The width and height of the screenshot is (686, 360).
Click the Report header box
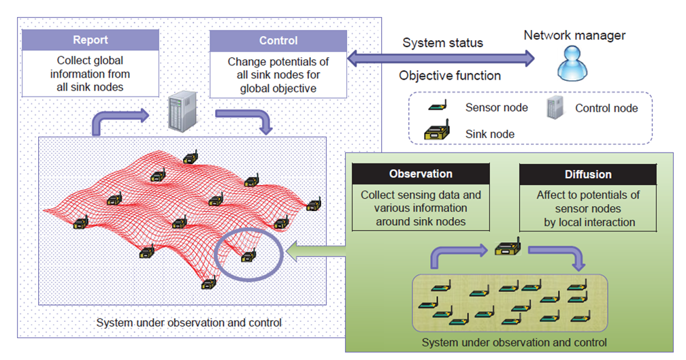91,40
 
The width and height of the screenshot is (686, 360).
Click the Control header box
278,40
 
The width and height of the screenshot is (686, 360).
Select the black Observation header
420,174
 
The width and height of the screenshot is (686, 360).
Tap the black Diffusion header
587,174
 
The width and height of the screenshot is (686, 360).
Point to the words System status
442,43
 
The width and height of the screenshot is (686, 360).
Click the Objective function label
450,76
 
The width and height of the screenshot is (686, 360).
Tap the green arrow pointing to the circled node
315,252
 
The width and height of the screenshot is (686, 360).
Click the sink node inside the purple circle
248,255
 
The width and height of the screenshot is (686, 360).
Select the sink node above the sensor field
507,249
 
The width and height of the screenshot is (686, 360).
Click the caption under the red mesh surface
189,323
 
